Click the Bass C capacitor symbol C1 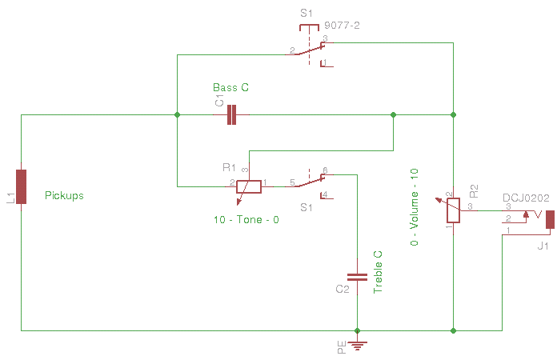(231, 114)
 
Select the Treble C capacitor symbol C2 (357, 278)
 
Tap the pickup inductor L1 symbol (22, 186)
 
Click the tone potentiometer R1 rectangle (249, 186)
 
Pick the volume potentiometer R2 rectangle (453, 210)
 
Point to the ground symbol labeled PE (358, 346)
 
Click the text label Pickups (64, 196)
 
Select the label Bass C (231, 87)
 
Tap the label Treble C (378, 272)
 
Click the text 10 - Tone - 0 (246, 220)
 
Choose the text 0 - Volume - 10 (415, 207)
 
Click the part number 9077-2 (342, 26)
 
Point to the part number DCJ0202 (526, 198)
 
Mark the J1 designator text (543, 246)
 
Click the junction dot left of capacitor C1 (177, 114)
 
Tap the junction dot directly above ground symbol (358, 331)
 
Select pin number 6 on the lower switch (325, 170)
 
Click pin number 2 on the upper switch (292, 50)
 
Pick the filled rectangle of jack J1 (551, 220)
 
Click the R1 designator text (229, 167)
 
